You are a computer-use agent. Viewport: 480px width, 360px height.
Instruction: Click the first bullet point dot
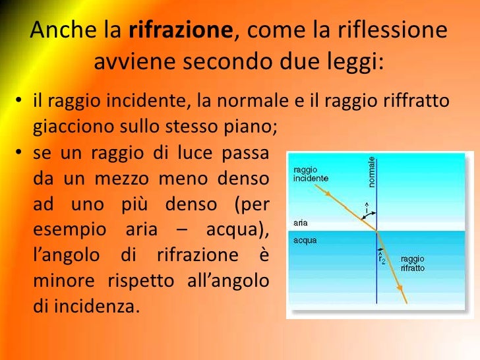point(20,102)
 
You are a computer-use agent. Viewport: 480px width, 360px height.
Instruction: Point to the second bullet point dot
point(20,154)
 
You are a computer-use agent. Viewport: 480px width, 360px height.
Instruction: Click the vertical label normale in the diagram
point(373,171)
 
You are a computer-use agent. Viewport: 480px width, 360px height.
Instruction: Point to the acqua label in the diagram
point(305,240)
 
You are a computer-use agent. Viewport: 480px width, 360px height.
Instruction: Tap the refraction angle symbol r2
point(382,259)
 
